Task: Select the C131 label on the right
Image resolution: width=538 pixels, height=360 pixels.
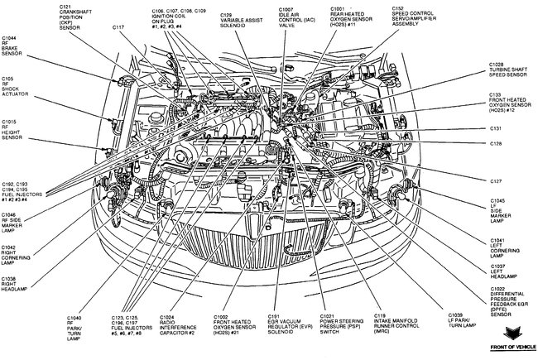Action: click(x=495, y=129)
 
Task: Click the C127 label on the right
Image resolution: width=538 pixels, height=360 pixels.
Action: click(x=495, y=180)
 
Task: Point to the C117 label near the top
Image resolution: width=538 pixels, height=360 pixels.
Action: click(x=118, y=26)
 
